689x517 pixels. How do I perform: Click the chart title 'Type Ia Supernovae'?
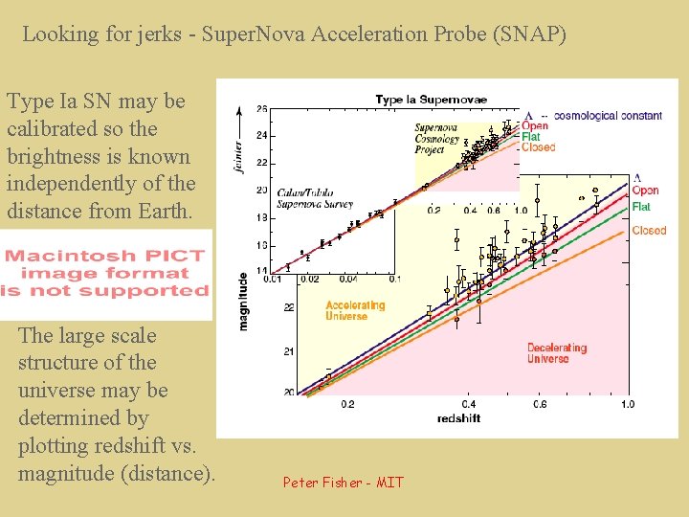(431, 100)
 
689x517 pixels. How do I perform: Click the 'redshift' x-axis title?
(458, 418)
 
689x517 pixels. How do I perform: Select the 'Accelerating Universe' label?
(355, 311)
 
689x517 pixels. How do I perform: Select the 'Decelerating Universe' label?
(557, 353)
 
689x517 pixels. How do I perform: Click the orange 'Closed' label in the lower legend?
(649, 231)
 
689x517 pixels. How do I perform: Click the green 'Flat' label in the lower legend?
(641, 207)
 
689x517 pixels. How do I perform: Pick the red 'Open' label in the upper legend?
(535, 126)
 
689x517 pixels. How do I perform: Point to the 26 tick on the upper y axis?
(261, 109)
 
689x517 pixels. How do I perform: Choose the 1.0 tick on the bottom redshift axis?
(627, 404)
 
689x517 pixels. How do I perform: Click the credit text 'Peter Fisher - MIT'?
(343, 483)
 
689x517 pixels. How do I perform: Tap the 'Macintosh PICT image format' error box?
(105, 273)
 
